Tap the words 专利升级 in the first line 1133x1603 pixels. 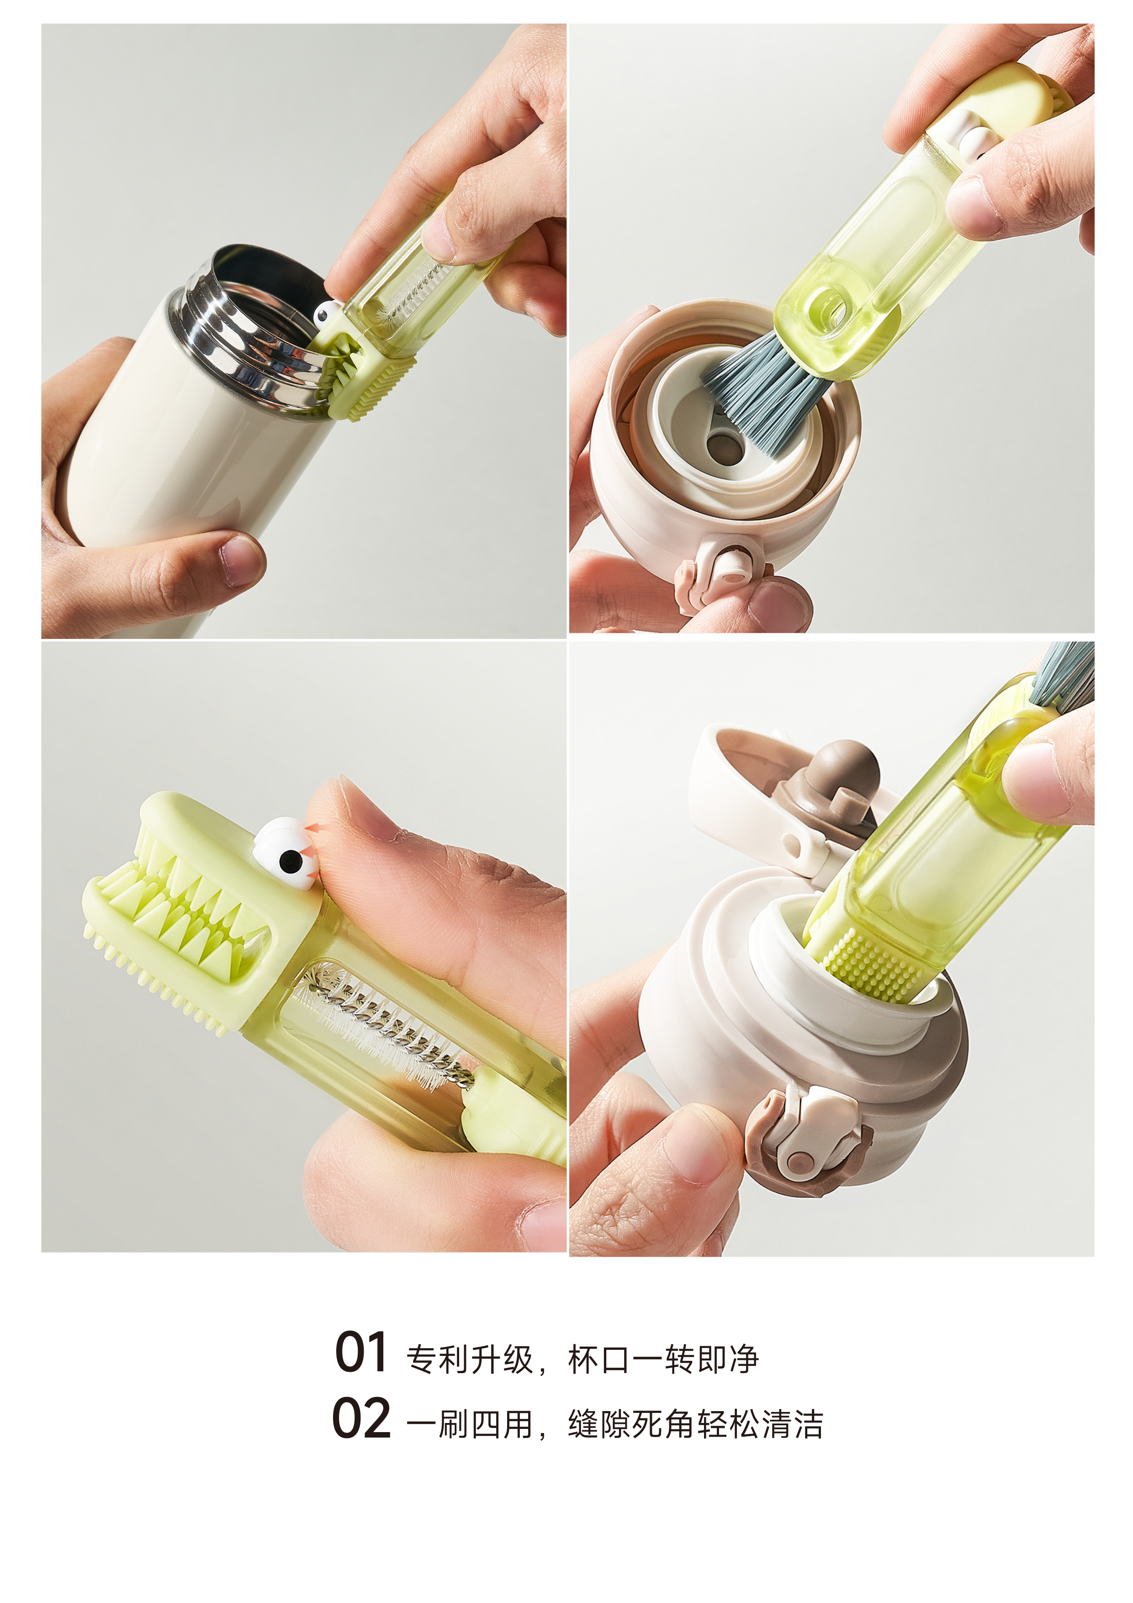470,1359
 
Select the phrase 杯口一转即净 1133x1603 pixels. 663,1359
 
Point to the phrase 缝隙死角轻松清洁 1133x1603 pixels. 696,1425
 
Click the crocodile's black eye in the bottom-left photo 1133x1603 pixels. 288,863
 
